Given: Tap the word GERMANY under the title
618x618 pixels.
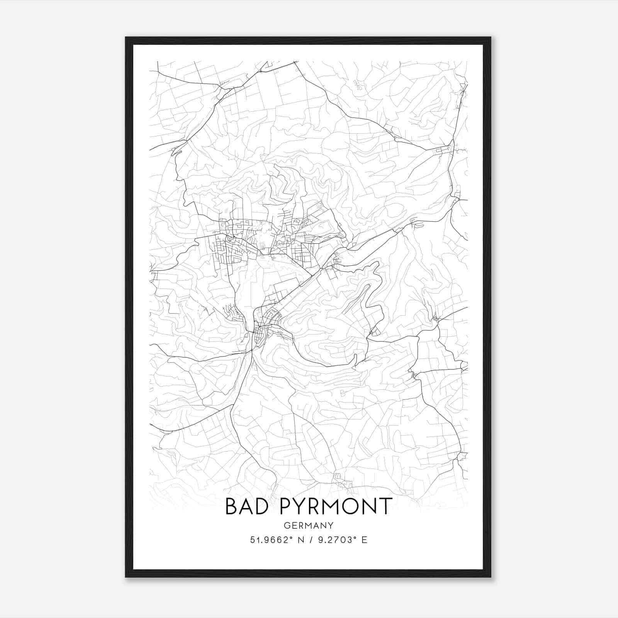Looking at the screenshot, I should pos(308,525).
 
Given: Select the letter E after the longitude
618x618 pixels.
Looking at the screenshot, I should pos(364,540).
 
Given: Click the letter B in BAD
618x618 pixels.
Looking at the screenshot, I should pos(231,506).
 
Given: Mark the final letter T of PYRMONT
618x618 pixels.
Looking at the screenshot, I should pos(386,506).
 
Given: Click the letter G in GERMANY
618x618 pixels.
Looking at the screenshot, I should pos(286,525).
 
